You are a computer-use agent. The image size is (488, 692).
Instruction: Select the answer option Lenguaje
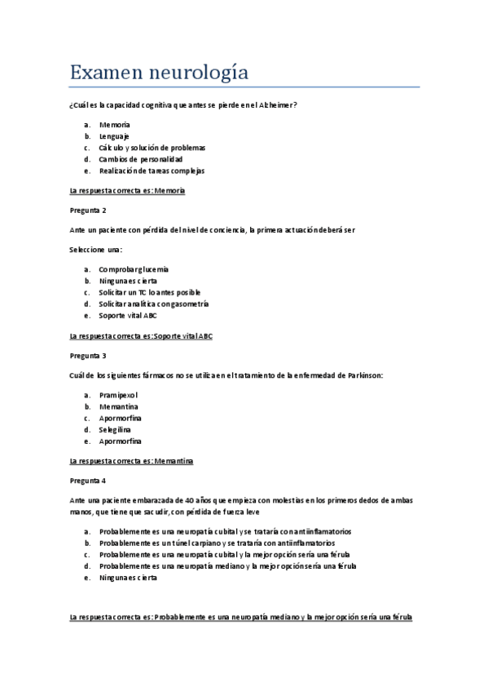point(114,136)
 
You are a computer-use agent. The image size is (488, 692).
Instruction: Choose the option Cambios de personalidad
point(141,159)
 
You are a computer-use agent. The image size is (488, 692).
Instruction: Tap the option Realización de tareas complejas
point(152,171)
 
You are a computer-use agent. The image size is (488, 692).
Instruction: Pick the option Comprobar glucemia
point(134,269)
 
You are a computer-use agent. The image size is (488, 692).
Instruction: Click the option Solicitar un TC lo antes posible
point(149,292)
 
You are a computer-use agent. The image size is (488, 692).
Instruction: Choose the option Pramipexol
point(118,395)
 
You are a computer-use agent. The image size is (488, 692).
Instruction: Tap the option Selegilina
point(115,429)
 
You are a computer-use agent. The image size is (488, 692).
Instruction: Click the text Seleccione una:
point(96,249)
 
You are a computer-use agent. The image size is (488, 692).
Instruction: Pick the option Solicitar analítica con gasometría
point(154,304)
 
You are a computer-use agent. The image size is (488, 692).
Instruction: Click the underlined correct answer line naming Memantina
point(132,460)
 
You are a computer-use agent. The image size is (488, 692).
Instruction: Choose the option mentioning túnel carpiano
point(217,543)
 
